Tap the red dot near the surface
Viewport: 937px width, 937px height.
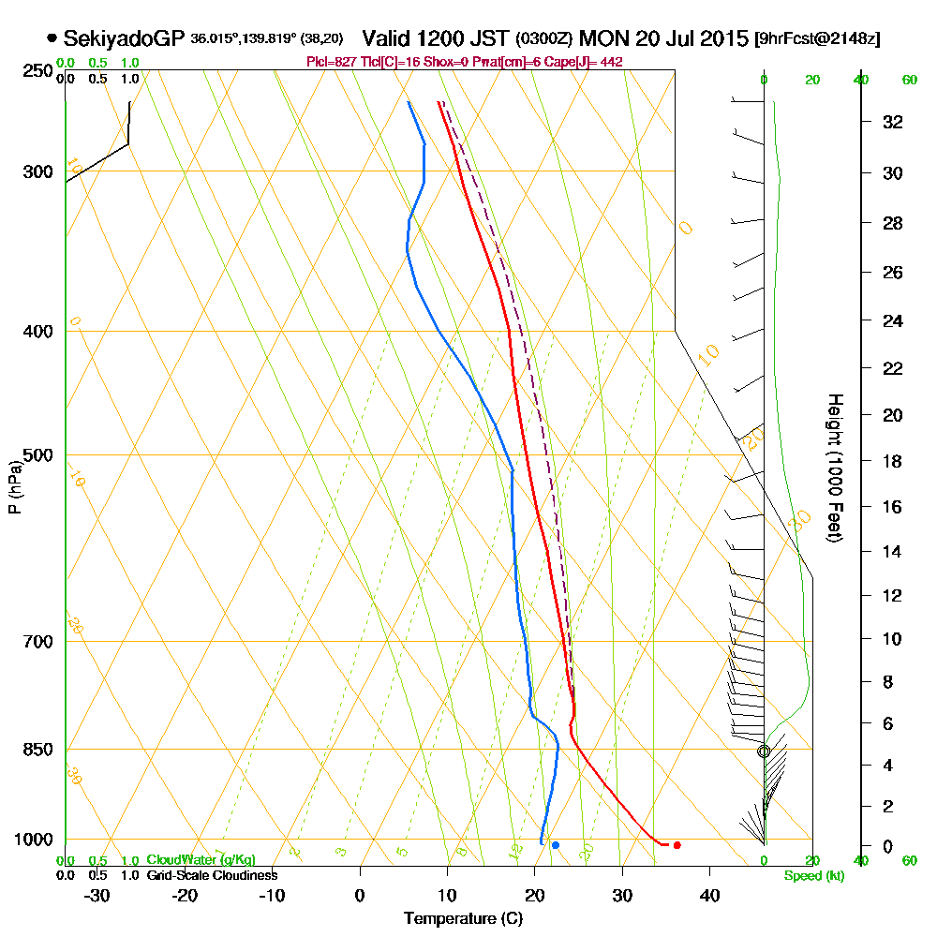pos(677,845)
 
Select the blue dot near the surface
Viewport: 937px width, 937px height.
pos(556,845)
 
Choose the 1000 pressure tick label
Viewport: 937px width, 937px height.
pos(33,840)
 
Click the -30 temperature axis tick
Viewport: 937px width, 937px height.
pos(97,896)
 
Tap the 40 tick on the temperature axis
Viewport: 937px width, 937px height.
pos(709,896)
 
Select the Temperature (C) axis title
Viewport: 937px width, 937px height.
pos(463,919)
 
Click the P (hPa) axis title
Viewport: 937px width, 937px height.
pos(14,486)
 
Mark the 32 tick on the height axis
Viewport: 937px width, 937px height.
pos(893,122)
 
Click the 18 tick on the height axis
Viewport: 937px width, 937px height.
pos(893,461)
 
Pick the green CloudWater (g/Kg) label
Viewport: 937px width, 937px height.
pos(201,859)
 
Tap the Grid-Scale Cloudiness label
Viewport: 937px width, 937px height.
pos(211,875)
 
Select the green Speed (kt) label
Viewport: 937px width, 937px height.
pos(814,876)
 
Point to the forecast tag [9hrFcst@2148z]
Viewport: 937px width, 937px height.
pos(817,39)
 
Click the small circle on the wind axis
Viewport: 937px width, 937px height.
pos(764,751)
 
